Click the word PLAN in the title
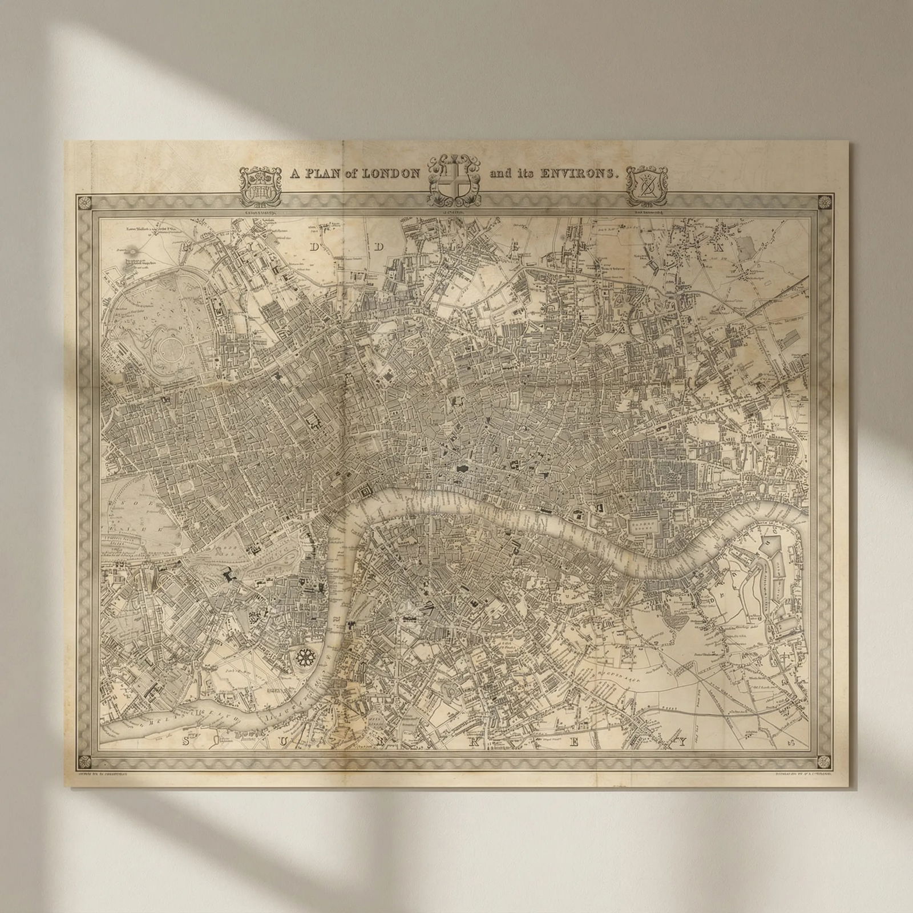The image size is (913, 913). (324, 173)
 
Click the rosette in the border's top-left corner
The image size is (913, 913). (87, 203)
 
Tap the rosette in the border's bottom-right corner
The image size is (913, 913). (823, 761)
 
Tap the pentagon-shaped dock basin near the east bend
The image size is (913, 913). (771, 542)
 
